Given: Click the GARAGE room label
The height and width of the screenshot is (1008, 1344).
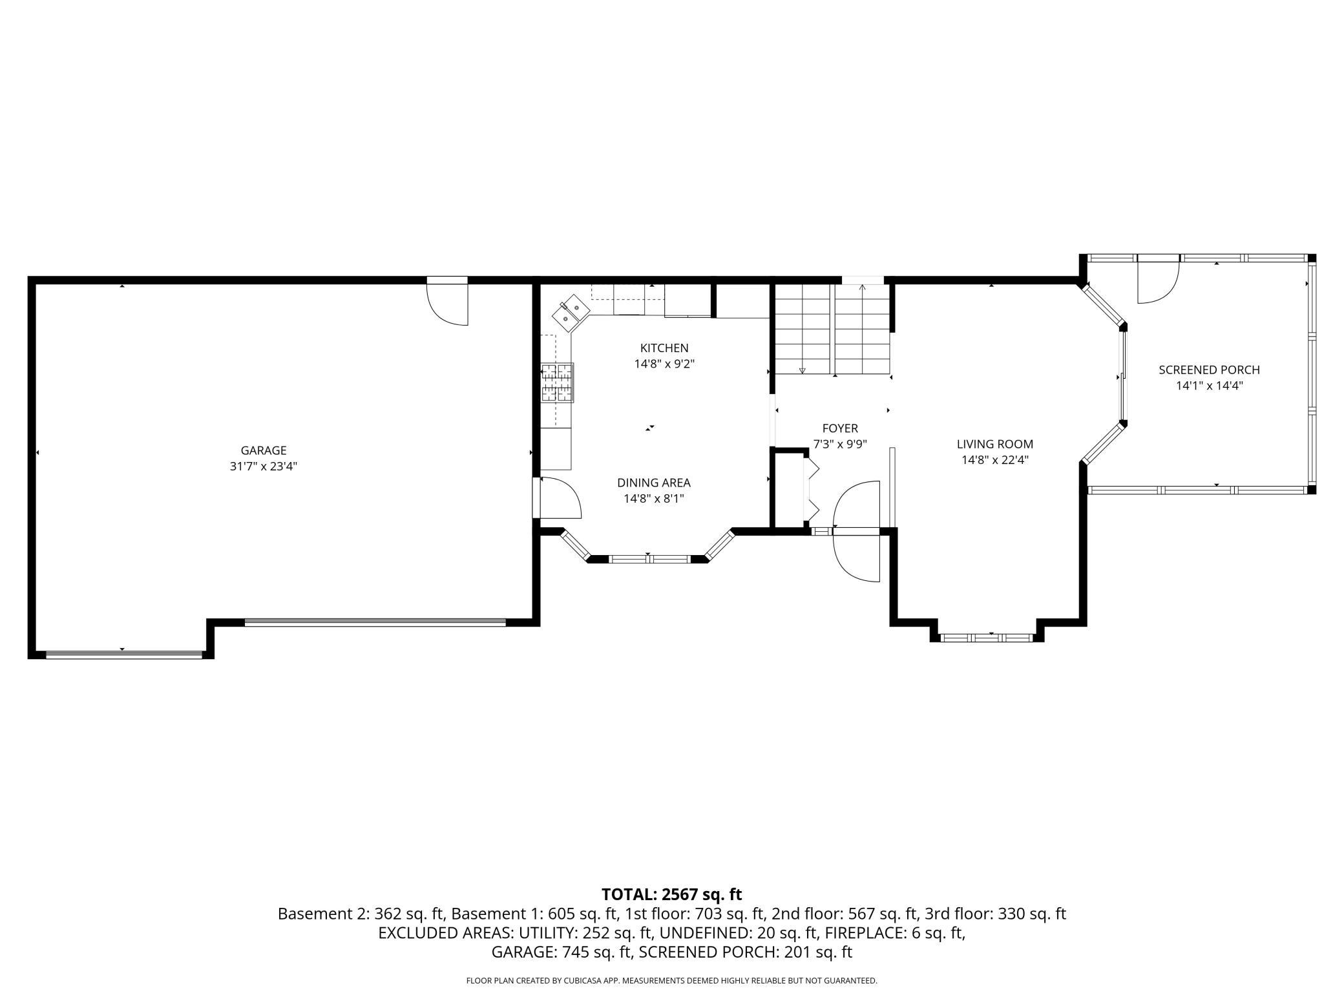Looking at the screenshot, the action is (264, 450).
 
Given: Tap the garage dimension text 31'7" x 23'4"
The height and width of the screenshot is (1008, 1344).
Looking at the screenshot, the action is (264, 467).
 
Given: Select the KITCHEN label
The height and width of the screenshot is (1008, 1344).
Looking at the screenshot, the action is (664, 348).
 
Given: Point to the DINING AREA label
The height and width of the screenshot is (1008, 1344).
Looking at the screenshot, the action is (654, 483).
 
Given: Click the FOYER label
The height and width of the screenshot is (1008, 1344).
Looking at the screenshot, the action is (840, 428).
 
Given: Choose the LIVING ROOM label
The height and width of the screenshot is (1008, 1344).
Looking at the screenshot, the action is (995, 444).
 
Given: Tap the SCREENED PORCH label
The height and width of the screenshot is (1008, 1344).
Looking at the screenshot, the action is (1210, 370).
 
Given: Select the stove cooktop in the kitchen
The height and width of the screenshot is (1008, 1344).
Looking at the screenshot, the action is (558, 383).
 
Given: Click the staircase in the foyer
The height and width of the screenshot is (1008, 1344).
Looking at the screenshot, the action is (833, 330).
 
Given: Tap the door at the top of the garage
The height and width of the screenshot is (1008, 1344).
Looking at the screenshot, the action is (447, 301).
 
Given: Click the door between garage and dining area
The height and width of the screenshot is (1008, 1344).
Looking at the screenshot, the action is (557, 498).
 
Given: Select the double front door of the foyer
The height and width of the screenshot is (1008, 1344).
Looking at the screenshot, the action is (856, 531).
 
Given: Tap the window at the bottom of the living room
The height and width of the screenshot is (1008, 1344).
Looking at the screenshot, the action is (987, 638).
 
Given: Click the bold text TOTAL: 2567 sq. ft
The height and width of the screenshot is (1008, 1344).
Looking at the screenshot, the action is (672, 894).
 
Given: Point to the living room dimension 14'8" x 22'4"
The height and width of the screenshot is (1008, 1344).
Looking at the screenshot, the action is (995, 460).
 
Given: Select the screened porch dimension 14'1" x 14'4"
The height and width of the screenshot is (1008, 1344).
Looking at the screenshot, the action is (1210, 386).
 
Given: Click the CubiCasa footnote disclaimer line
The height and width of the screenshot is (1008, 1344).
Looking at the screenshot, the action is (672, 980).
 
